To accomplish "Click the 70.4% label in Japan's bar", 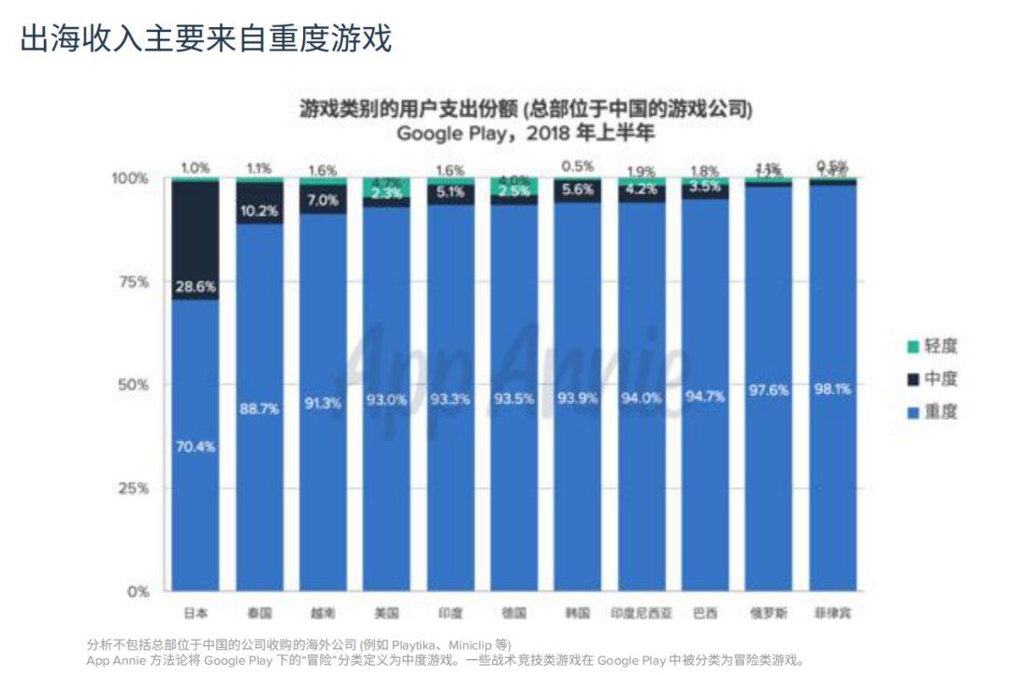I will (195, 447).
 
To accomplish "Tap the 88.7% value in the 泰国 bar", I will (259, 409).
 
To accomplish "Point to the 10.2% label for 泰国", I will (259, 211).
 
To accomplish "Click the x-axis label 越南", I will (323, 613).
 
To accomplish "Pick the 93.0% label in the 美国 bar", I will (386, 399).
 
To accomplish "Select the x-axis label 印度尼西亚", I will (641, 613).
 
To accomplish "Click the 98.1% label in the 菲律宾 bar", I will (831, 389).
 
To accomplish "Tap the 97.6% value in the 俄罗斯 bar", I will (768, 390).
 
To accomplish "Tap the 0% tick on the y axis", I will (138, 591).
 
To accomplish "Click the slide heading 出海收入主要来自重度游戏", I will (205, 37).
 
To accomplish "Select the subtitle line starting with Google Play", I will (525, 133).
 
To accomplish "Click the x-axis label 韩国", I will (577, 613).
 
